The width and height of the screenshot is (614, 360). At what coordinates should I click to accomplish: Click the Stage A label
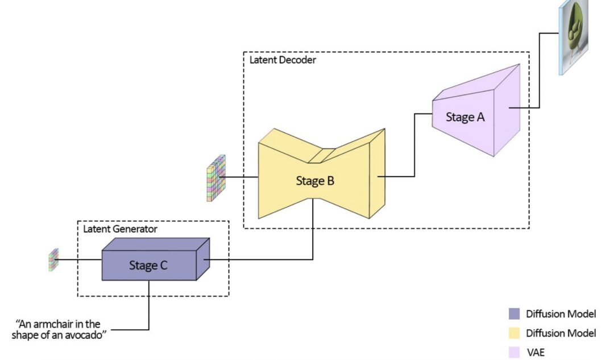(465, 118)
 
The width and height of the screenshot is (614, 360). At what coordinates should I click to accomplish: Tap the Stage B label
(315, 181)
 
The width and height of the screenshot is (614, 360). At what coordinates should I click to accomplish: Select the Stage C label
(148, 265)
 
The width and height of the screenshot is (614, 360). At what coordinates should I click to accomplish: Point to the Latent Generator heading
(120, 229)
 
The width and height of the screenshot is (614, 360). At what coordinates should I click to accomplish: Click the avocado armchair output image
(574, 36)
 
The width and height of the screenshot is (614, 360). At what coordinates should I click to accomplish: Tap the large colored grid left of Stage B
(215, 178)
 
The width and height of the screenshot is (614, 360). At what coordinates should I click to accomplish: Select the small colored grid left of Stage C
(53, 259)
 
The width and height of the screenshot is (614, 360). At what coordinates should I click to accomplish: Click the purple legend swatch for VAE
(514, 353)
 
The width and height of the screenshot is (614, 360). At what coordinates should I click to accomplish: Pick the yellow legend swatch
(514, 333)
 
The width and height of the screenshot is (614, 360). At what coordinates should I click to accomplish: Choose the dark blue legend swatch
(514, 314)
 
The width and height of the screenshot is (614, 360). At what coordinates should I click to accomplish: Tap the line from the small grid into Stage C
(80, 260)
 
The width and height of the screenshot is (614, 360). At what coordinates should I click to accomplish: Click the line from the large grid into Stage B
(242, 177)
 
